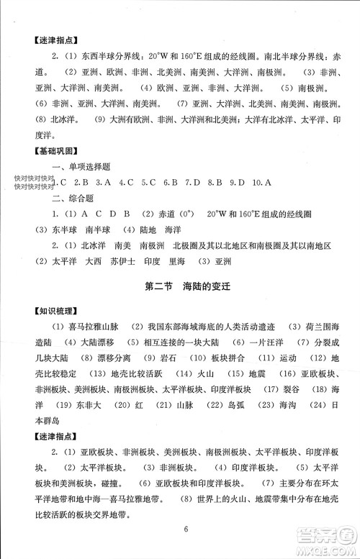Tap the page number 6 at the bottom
click(185, 530)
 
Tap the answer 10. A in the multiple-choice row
click(261, 183)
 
